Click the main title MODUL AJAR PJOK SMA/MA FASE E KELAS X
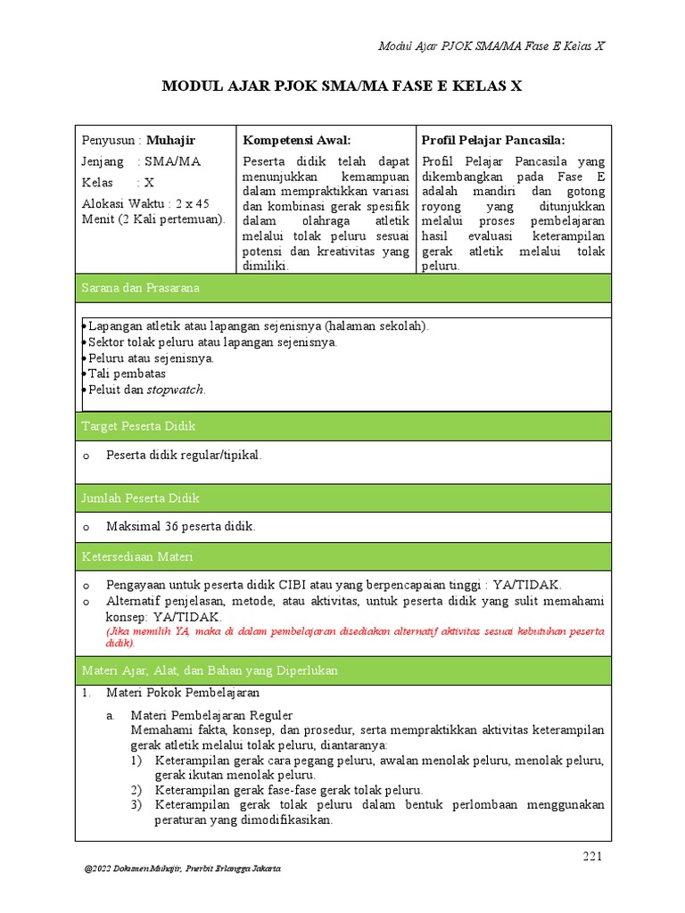click(342, 86)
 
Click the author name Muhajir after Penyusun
click(170, 140)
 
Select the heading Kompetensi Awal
click(297, 140)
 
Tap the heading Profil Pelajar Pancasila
click(493, 140)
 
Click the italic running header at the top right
click(491, 46)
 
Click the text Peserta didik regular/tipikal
click(184, 455)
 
